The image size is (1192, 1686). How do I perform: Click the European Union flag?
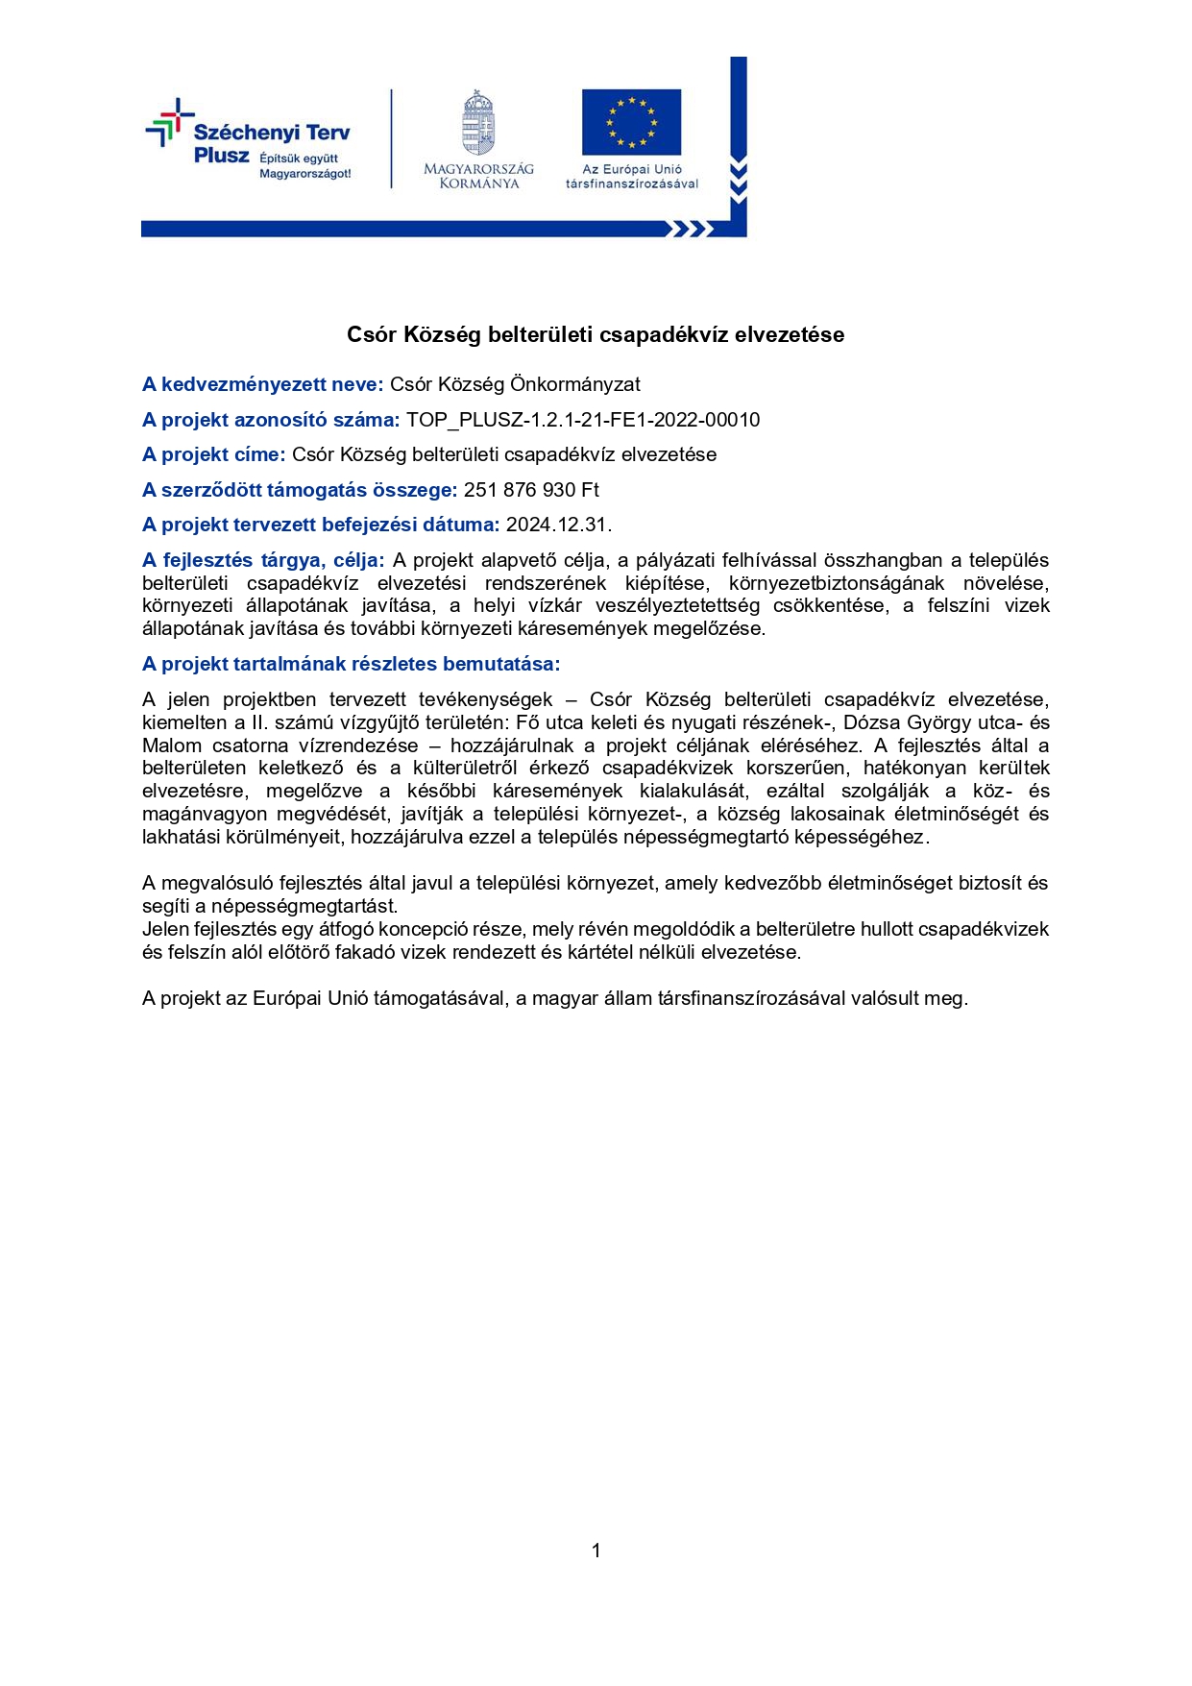[631, 122]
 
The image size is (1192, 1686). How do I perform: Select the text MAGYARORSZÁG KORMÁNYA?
[478, 176]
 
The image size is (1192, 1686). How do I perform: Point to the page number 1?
[596, 1550]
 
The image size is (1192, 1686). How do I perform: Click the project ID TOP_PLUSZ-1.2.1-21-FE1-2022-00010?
[583, 420]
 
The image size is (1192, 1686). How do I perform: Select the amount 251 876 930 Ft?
[531, 490]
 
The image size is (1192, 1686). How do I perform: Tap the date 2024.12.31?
[559, 525]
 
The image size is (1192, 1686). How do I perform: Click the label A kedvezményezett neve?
[262, 384]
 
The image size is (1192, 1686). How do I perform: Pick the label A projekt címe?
[213, 454]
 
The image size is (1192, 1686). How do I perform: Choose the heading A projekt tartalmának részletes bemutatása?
[351, 664]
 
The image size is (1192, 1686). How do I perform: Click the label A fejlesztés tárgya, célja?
[262, 560]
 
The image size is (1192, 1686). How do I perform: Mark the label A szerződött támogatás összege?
[299, 490]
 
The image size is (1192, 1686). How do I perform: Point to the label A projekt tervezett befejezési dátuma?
[320, 525]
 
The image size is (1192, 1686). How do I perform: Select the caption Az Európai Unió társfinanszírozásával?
[632, 176]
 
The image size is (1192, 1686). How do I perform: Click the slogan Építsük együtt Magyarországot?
[304, 166]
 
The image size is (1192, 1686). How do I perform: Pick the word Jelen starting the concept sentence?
[165, 929]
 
